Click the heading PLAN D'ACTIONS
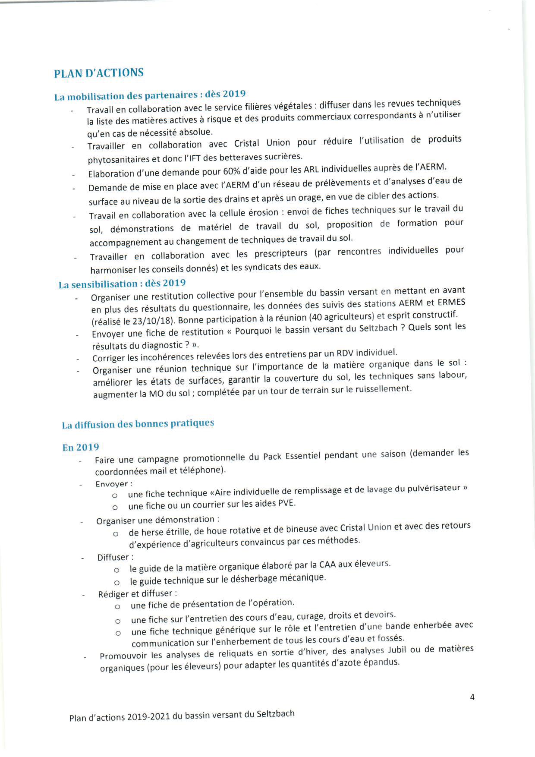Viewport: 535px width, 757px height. click(99, 73)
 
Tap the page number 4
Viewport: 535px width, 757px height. click(472, 697)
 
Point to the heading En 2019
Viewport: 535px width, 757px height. click(81, 448)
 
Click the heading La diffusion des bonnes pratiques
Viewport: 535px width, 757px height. click(138, 424)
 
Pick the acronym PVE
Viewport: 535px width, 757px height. click(286, 503)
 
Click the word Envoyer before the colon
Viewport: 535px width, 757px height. click(112, 484)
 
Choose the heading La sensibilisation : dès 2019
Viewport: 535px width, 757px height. click(122, 284)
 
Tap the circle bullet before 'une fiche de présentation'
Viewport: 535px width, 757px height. click(117, 607)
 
